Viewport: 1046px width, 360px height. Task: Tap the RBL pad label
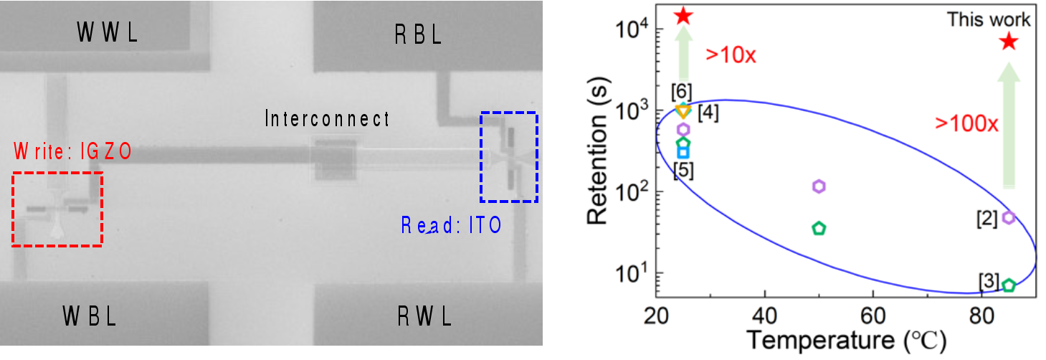click(x=419, y=34)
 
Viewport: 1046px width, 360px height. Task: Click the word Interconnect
click(x=327, y=118)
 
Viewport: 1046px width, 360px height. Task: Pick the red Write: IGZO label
click(x=72, y=151)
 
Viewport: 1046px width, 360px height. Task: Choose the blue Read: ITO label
click(x=451, y=226)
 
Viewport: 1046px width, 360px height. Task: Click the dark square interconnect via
click(x=331, y=162)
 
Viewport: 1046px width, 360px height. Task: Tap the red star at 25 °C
click(x=683, y=15)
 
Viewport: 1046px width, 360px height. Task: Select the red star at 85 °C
click(x=1009, y=42)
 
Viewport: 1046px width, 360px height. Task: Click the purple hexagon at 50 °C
click(x=819, y=186)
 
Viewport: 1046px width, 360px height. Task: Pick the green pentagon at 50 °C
click(x=819, y=229)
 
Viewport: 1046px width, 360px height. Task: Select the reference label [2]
click(x=987, y=219)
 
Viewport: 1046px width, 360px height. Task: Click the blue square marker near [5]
click(x=683, y=151)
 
